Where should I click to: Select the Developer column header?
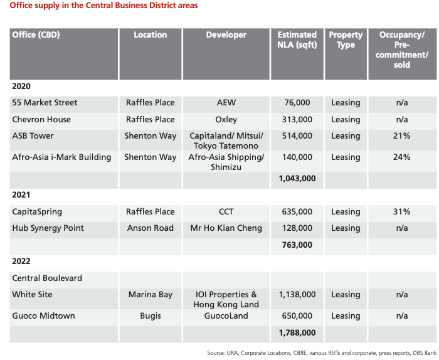point(226,35)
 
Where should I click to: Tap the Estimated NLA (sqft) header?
point(297,40)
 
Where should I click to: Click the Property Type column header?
point(346,40)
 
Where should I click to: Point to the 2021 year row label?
point(21,195)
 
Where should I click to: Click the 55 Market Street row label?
point(45,102)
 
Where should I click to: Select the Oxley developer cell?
point(226,119)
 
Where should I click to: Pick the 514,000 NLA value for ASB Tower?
point(297,135)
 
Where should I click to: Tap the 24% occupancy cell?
point(401,157)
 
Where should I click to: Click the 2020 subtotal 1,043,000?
point(297,179)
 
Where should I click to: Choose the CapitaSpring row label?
point(37,211)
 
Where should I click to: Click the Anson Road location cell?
point(150,228)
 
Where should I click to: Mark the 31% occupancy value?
point(401,211)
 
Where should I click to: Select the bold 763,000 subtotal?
point(297,245)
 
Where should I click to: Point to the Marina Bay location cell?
point(150,294)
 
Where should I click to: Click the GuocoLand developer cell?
point(226,315)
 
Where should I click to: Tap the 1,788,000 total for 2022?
point(297,333)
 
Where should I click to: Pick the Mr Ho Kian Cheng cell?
point(226,228)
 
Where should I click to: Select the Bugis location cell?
point(150,315)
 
